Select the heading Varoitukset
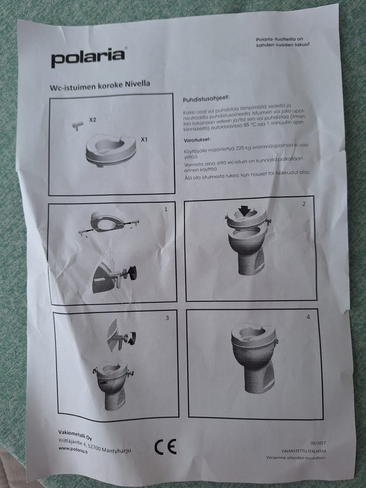point(197,140)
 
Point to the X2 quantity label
point(93,120)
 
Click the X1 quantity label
point(144,140)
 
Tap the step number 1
point(165,209)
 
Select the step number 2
point(304,204)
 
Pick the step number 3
point(167,318)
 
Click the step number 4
point(308,317)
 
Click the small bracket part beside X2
point(77,126)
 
